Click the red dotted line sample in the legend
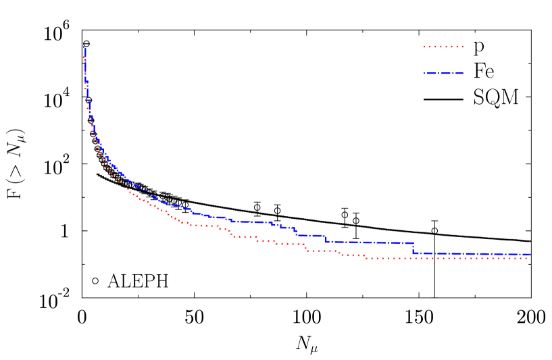coord(443,47)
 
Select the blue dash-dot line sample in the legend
coord(443,73)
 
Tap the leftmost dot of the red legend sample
coord(424,47)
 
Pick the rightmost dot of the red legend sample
coord(462,47)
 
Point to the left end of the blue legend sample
coord(424,73)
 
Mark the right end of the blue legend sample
coord(463,73)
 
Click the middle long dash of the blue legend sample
coord(443,73)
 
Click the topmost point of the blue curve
coord(84,47)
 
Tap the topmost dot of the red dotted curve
coord(84,57)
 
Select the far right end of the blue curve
coord(530,255)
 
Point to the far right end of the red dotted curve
coord(526,258)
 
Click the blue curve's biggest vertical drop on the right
coord(413,248)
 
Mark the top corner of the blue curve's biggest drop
coord(413,242)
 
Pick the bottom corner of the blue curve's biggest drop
coord(413,253)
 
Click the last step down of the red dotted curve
coord(365,257)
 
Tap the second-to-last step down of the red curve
coord(340,253)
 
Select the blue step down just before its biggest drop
coord(326,238)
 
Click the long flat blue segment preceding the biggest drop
coord(372,242)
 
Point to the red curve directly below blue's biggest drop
coord(413,258)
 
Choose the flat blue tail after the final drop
coord(473,254)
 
